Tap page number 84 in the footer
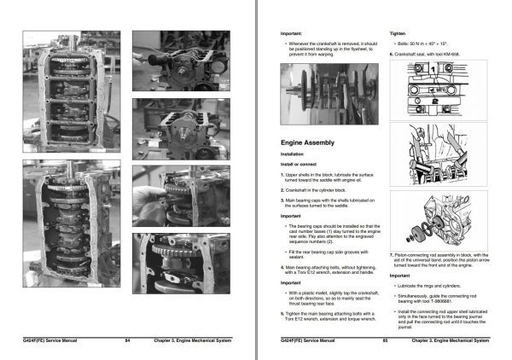pyautogui.click(x=126, y=340)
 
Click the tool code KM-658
pyautogui.click(x=461, y=54)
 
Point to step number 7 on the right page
pyautogui.click(x=391, y=254)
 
